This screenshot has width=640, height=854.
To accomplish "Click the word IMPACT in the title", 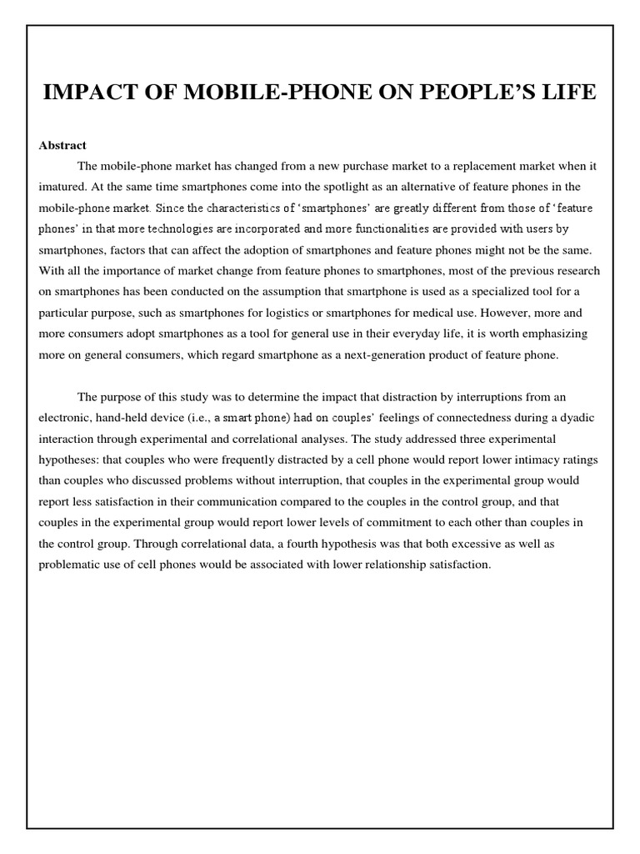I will coord(81,92).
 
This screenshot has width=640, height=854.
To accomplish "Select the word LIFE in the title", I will coord(571,92).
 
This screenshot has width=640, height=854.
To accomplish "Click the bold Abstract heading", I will coord(62,145).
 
